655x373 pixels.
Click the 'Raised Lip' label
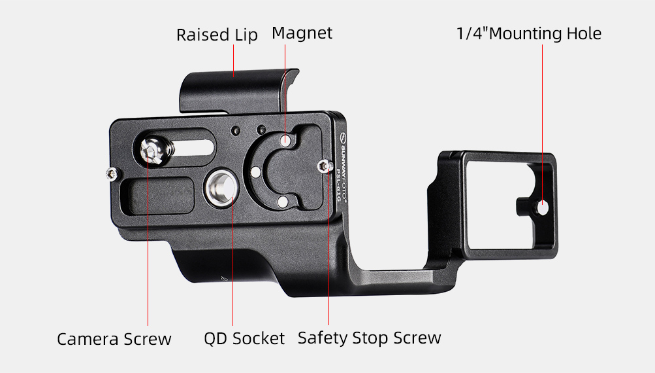[x=217, y=35]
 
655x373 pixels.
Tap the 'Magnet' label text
[x=302, y=33]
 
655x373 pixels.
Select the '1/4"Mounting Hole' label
[x=529, y=33]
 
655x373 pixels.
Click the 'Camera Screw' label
[x=114, y=339]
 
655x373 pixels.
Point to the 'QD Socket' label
[x=244, y=338]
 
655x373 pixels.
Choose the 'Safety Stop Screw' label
[x=369, y=338]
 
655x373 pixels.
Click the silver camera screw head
[x=151, y=151]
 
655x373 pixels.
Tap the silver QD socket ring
[x=222, y=187]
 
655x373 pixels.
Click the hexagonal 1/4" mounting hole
[x=542, y=208]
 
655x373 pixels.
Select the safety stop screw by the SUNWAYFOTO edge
[x=324, y=166]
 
